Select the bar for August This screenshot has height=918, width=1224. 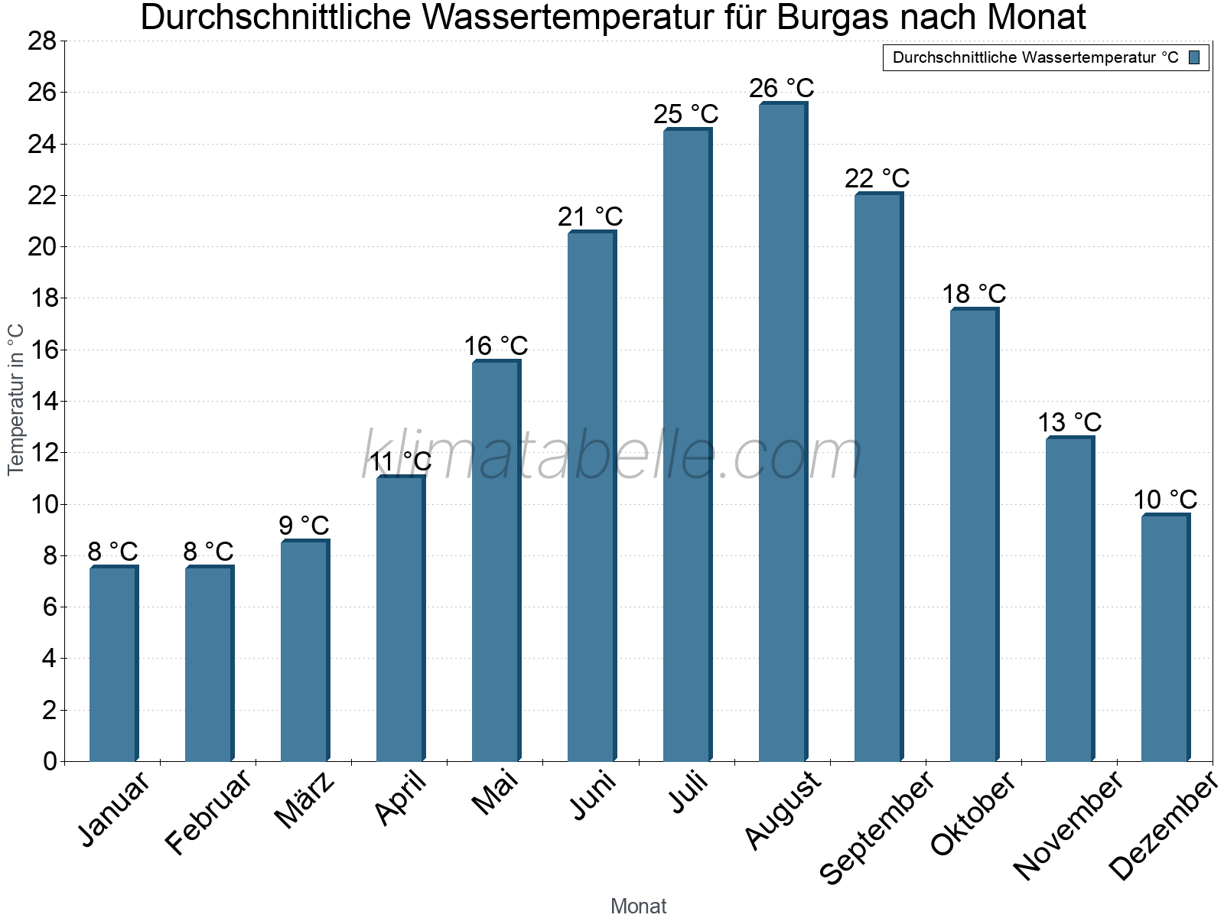(x=782, y=432)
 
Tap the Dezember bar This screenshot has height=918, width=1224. (x=1164, y=638)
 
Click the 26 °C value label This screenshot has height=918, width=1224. (x=781, y=89)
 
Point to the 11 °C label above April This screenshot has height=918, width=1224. (x=400, y=462)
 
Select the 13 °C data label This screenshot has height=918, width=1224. (x=1069, y=422)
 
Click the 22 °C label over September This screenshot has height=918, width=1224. (x=877, y=178)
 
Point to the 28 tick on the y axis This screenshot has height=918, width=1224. (x=42, y=41)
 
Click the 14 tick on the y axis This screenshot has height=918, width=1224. (x=42, y=402)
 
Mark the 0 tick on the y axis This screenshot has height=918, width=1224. (x=50, y=761)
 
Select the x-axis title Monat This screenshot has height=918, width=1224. (x=638, y=907)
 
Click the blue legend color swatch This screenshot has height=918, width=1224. (x=1194, y=57)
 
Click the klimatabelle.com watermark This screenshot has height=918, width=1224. (x=612, y=456)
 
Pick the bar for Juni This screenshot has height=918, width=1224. (x=591, y=496)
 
